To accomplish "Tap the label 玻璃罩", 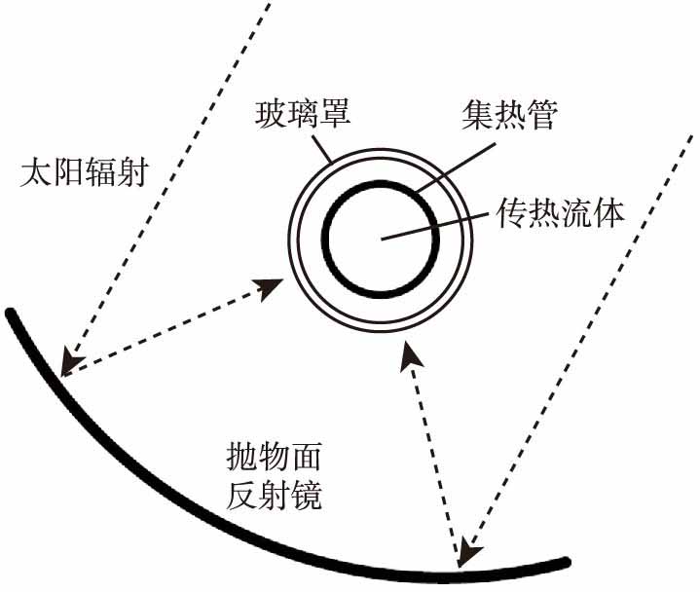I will [303, 116].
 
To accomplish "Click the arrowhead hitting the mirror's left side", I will [65, 364].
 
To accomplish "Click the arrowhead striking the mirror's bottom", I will [466, 555].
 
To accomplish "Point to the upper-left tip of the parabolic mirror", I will [11, 313].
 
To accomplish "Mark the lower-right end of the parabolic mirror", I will [565, 560].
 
